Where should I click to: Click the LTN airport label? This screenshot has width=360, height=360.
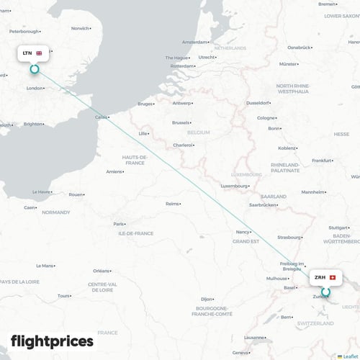point(27,53)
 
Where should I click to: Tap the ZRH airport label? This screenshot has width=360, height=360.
point(320,277)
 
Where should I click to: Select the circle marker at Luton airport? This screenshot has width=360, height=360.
point(34,69)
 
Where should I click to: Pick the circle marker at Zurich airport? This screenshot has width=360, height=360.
point(325,292)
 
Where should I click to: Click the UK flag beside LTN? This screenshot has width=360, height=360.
point(39,53)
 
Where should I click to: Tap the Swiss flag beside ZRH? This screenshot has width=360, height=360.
point(332,277)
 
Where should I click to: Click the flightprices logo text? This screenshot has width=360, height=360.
point(52,341)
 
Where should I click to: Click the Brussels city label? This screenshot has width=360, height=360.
point(181,122)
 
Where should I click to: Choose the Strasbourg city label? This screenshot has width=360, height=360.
point(289,236)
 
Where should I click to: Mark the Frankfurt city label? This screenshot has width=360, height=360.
point(321,160)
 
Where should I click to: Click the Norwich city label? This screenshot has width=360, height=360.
point(79,28)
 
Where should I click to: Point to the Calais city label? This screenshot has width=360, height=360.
point(101,117)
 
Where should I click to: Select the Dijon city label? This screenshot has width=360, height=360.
point(207,298)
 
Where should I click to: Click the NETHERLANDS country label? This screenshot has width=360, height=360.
point(230,48)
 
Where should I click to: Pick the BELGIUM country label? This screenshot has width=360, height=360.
point(198,133)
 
